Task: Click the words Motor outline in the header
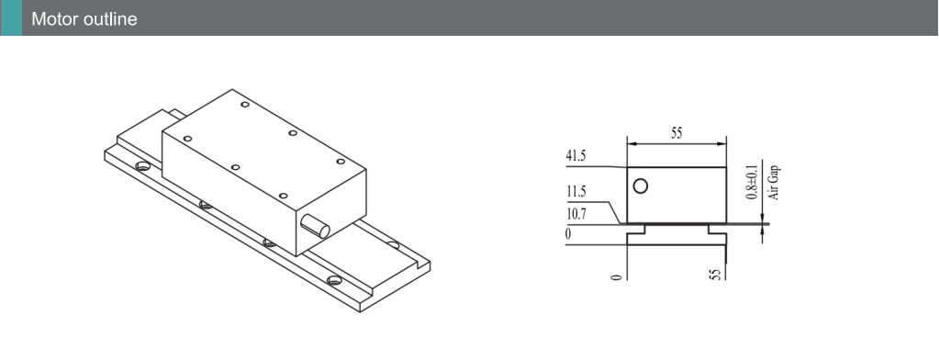point(84,18)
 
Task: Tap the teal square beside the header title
point(11,17)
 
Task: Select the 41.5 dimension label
point(576,156)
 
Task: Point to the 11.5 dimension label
point(576,192)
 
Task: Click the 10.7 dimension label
point(576,214)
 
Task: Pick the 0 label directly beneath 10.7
point(568,234)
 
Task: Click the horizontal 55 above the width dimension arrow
point(676,133)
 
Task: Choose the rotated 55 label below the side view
point(715,275)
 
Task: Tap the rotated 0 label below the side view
point(616,276)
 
